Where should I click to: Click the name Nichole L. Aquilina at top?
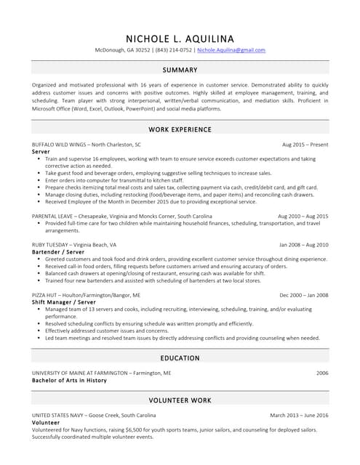tap(180, 38)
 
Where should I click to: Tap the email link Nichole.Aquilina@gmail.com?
tap(231, 50)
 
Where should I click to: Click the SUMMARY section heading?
tap(180, 70)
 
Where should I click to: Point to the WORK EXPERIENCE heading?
tap(180, 129)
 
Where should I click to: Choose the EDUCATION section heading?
tap(180, 358)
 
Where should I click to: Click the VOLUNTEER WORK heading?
tap(180, 400)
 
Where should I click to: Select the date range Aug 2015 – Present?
tap(305, 145)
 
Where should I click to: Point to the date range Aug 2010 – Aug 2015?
tap(303, 217)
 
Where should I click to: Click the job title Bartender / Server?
tap(63, 251)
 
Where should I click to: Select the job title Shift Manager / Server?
tap(68, 302)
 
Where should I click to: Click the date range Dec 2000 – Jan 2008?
tap(304, 295)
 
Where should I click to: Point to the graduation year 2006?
tap(322, 373)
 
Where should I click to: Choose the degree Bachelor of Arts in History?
tap(69, 380)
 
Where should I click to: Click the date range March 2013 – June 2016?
tap(299, 415)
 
